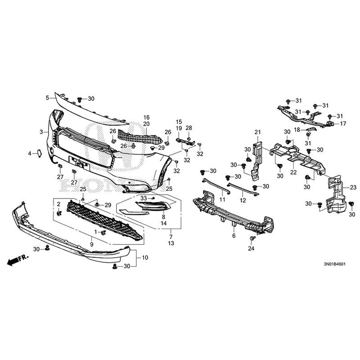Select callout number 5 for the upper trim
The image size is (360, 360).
[x=47, y=97]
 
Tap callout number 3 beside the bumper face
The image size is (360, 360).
[x=41, y=132]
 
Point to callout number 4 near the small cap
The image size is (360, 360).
[x=30, y=153]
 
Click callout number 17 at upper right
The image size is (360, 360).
[x=343, y=123]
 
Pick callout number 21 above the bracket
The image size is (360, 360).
[x=258, y=132]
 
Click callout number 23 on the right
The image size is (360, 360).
[x=353, y=187]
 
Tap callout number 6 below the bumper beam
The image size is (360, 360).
[x=234, y=235]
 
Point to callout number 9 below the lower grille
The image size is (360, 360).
[x=91, y=244]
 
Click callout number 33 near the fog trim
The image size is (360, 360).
[x=143, y=198]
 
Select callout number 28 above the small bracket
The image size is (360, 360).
[x=189, y=128]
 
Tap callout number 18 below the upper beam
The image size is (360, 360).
[x=297, y=130]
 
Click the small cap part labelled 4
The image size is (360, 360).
[x=39, y=153]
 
